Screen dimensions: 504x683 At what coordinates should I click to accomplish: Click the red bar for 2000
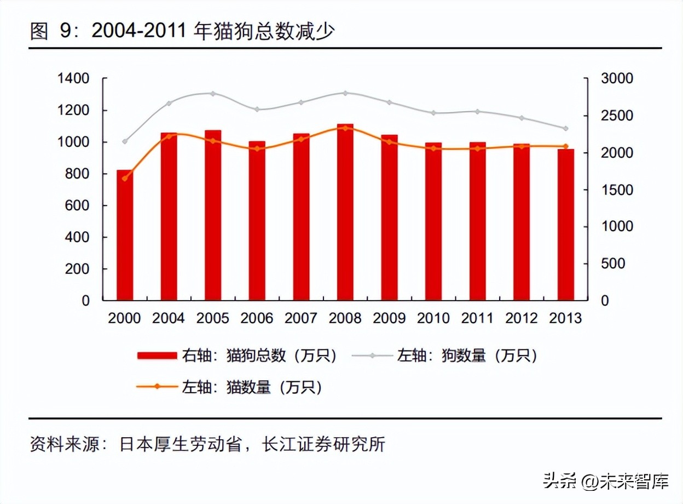125,236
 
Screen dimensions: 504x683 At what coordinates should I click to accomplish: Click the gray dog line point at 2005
213,94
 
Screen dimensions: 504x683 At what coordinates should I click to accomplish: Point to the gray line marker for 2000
125,141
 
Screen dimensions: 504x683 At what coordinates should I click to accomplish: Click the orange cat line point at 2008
345,128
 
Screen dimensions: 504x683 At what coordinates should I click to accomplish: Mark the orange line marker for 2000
125,179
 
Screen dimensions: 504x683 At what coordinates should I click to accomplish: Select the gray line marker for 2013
566,128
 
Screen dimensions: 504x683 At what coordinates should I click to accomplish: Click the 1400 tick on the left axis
74,79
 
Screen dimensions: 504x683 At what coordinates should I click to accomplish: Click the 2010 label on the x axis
433,318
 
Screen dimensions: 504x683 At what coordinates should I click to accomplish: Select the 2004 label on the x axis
169,318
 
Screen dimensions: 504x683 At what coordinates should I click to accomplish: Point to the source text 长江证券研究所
323,444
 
